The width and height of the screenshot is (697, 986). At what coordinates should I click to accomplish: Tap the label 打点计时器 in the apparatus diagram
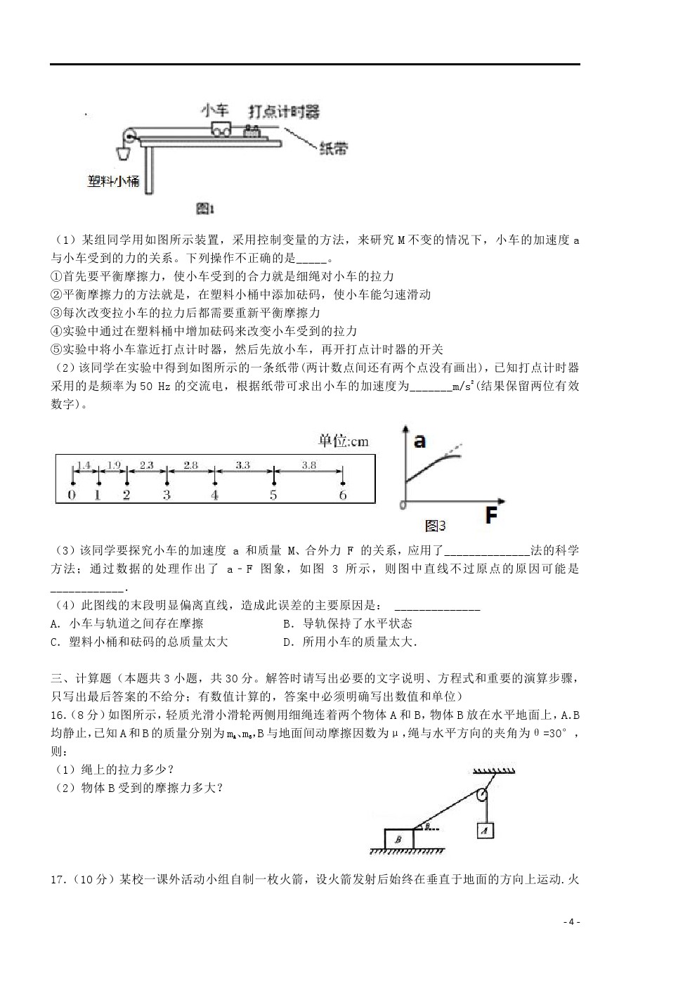[283, 112]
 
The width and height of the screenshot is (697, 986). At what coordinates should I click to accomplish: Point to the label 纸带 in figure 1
[334, 149]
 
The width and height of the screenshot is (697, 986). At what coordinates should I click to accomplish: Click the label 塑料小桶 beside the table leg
[114, 181]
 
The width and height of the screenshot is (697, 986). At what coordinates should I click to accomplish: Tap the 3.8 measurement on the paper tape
[308, 465]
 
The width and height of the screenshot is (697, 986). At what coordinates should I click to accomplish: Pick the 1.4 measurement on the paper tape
[84, 465]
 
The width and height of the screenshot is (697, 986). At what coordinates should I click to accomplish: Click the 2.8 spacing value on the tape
[190, 465]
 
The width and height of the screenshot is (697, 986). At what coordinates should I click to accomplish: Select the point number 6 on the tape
[343, 495]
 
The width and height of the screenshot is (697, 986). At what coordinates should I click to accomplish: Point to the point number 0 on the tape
[72, 495]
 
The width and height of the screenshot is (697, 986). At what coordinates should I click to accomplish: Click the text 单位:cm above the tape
[343, 441]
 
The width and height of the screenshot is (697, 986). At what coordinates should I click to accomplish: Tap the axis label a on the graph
[419, 441]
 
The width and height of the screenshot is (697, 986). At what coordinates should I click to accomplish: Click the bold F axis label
[491, 517]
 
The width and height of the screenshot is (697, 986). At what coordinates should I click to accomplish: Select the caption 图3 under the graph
[436, 526]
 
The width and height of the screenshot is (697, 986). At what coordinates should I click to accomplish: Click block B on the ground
[398, 839]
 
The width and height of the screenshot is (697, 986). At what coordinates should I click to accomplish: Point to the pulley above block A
[481, 796]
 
